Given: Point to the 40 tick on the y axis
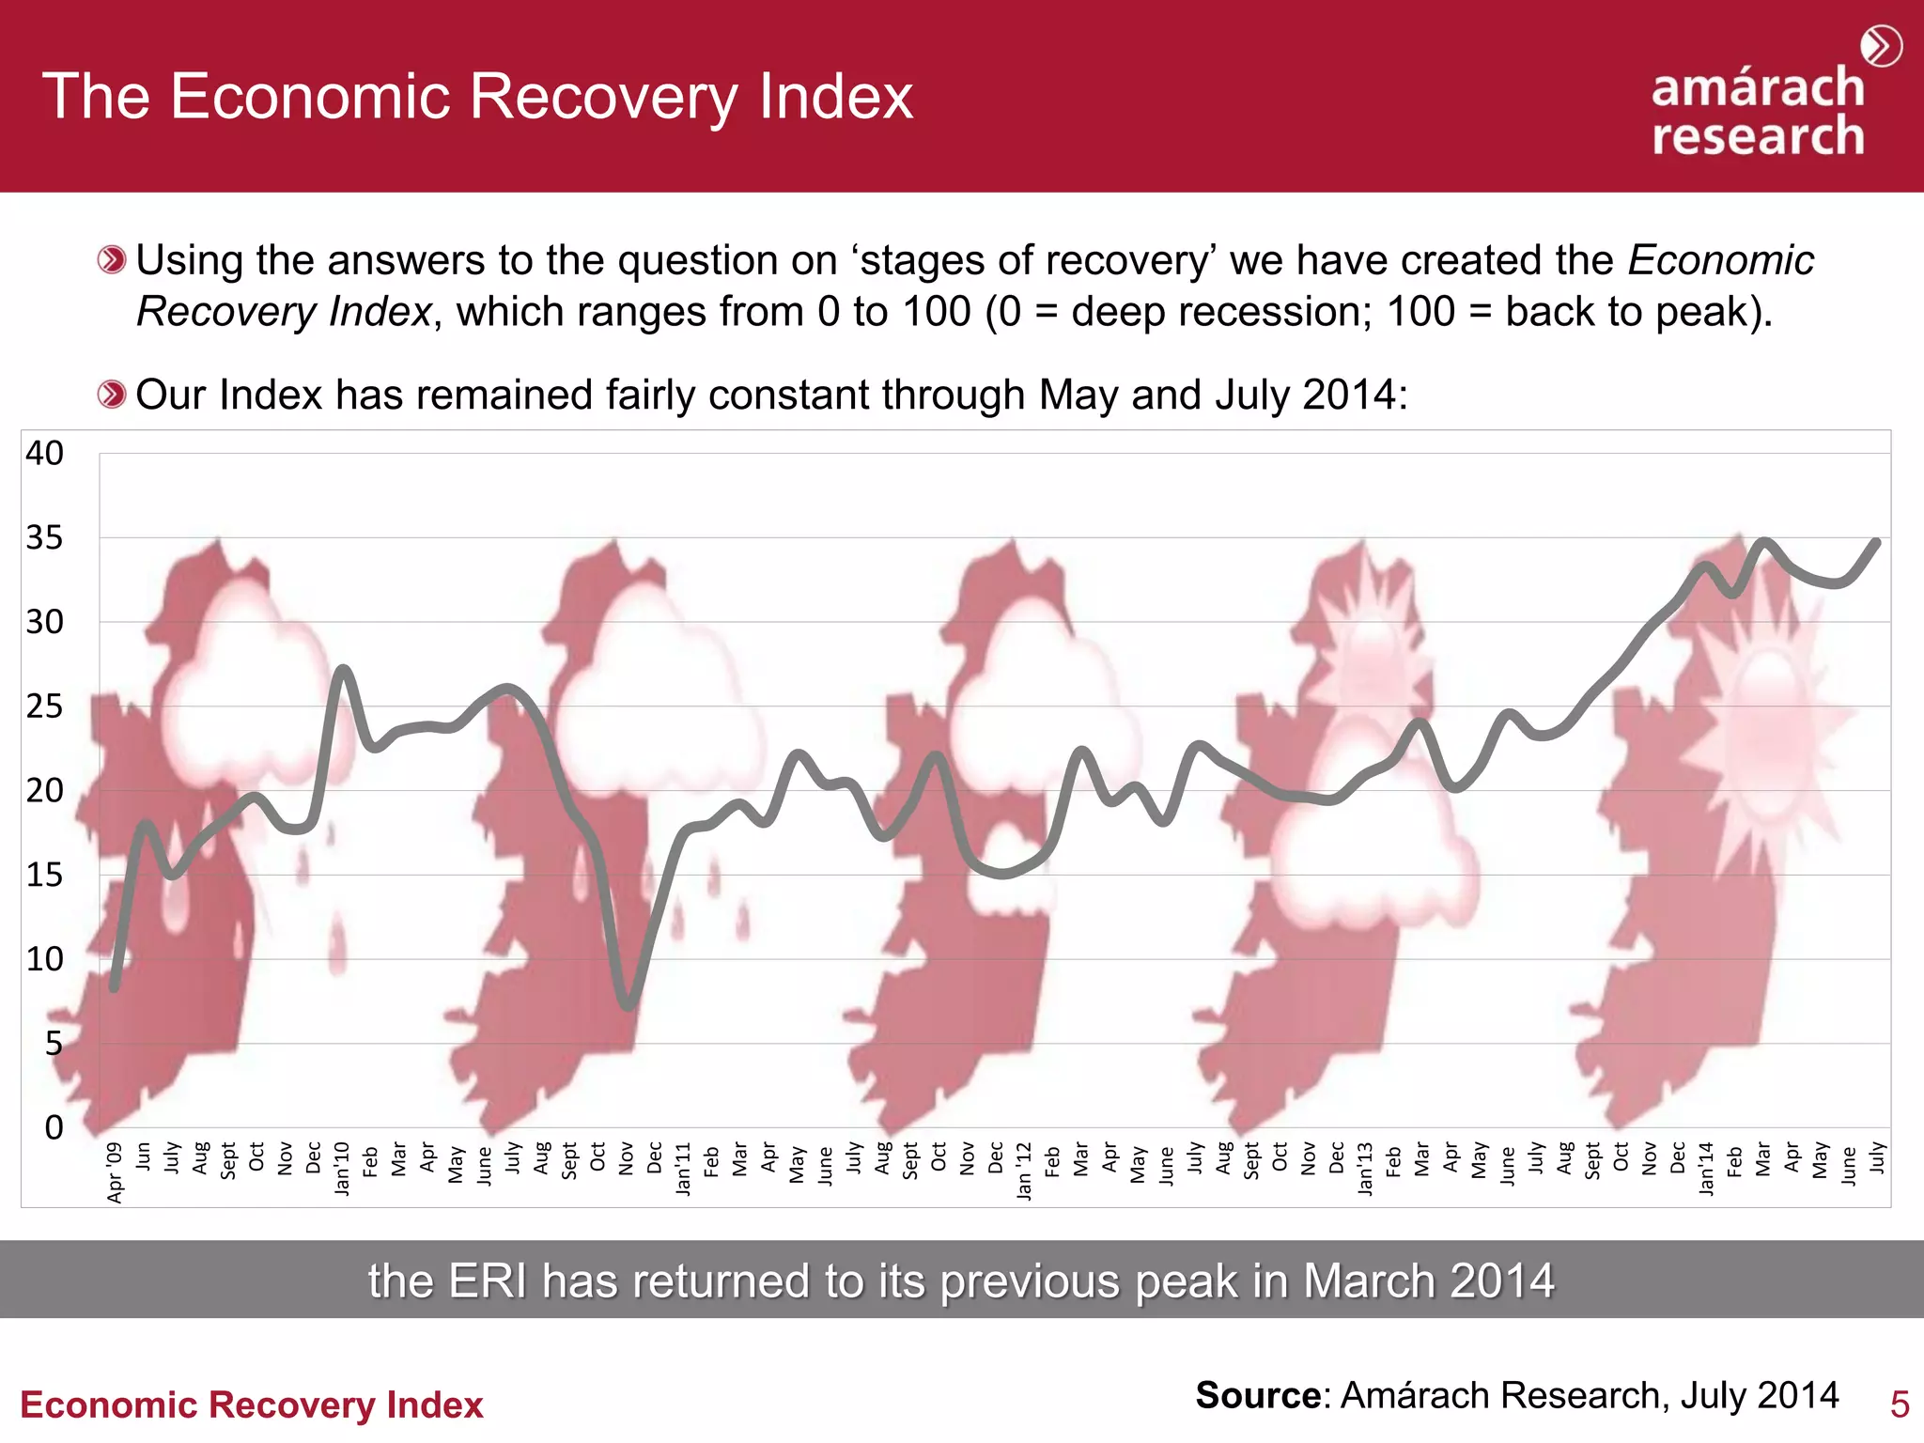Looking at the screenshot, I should pyautogui.click(x=44, y=454).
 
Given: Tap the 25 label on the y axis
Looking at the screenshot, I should pyautogui.click(x=44, y=706).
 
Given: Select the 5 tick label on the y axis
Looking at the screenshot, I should pyautogui.click(x=54, y=1044).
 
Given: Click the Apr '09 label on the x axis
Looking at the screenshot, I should pyautogui.click(x=116, y=1171).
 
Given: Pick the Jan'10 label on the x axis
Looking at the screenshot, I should pyautogui.click(x=343, y=1168).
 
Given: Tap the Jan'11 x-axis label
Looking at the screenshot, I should pyautogui.click(x=684, y=1168).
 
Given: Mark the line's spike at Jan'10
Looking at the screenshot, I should pyautogui.click(x=343, y=670).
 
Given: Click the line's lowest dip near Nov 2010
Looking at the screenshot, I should pyautogui.click(x=628, y=1006).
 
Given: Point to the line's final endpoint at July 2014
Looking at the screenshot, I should pyautogui.click(x=1876, y=542).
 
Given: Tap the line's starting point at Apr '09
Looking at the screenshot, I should pyautogui.click(x=115, y=987).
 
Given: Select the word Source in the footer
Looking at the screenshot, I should pyautogui.click(x=1258, y=1396).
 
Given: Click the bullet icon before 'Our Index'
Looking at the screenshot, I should pyautogui.click(x=111, y=395).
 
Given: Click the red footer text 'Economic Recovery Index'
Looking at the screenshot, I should pyautogui.click(x=251, y=1405).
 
